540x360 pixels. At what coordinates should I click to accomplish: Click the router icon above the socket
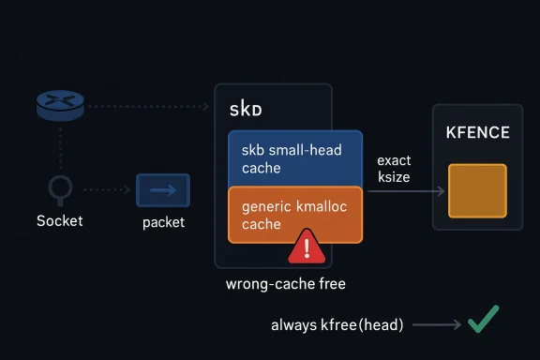click(x=60, y=106)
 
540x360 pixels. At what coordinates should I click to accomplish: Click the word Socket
click(x=59, y=221)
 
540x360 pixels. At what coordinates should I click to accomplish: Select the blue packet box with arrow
click(x=163, y=190)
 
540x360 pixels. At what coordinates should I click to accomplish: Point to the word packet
click(x=163, y=222)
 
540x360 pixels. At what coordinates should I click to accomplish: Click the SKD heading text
click(x=246, y=110)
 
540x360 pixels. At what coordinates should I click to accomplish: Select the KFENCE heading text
click(x=477, y=133)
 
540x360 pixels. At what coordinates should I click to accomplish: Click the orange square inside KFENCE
click(x=477, y=190)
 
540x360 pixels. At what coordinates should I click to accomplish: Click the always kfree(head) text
click(x=337, y=325)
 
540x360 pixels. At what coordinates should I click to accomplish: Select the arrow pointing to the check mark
click(x=436, y=324)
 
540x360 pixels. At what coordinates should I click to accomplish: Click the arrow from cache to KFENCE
click(x=405, y=191)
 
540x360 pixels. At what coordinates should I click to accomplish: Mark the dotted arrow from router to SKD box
click(x=150, y=107)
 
